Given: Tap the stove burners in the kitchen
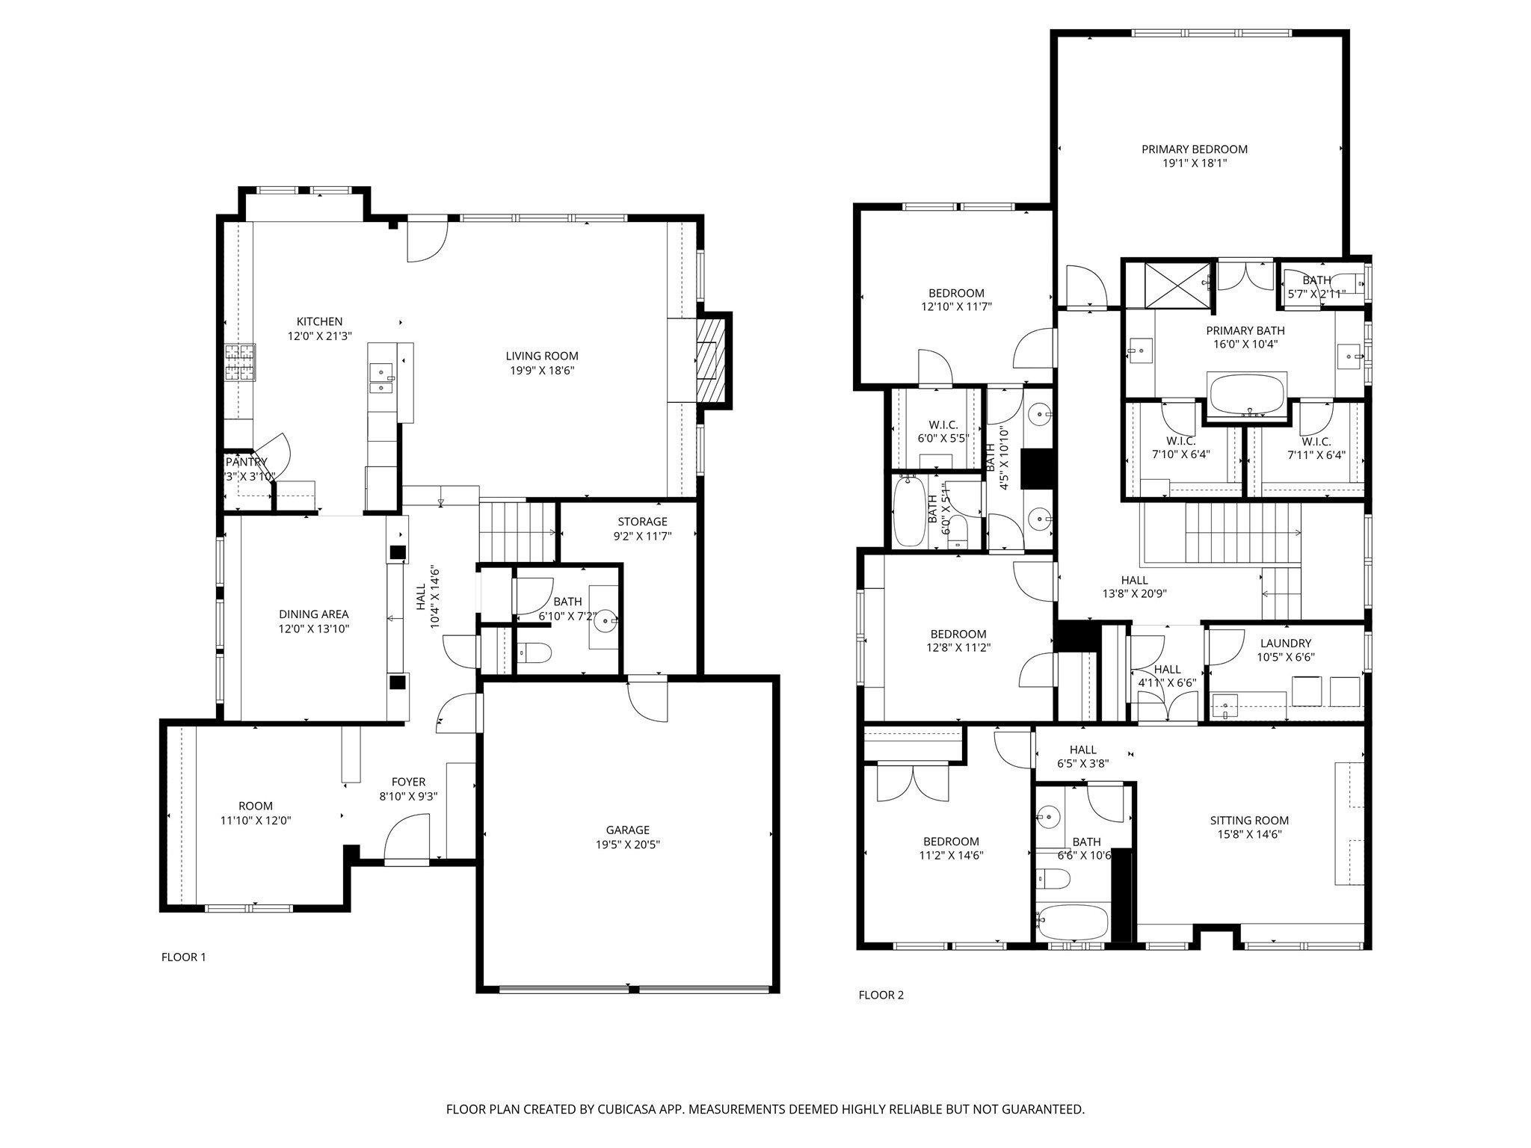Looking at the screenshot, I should (241, 363).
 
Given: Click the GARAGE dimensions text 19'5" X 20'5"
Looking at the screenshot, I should (628, 845).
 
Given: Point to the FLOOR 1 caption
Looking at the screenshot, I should (183, 957).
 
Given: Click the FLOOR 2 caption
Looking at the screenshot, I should (881, 995).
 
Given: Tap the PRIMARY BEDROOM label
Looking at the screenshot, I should (1194, 149).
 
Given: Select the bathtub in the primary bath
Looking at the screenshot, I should (1246, 394).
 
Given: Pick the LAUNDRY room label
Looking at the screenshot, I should (1285, 644).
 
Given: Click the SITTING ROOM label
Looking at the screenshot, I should (1249, 821).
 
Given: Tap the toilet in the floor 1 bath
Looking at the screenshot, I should (537, 653).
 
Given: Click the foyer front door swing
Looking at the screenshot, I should (408, 839).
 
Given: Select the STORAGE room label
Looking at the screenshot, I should (642, 522).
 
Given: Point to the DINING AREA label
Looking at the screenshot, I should (314, 614).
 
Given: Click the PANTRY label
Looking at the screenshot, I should (247, 463).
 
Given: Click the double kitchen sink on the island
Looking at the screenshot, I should (381, 378).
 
